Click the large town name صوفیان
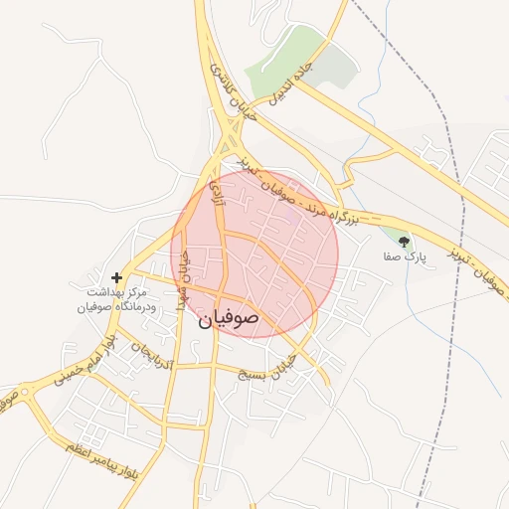[x=229, y=318]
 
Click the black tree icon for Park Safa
[x=404, y=241]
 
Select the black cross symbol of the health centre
[x=117, y=277]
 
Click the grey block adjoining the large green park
[x=338, y=65]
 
